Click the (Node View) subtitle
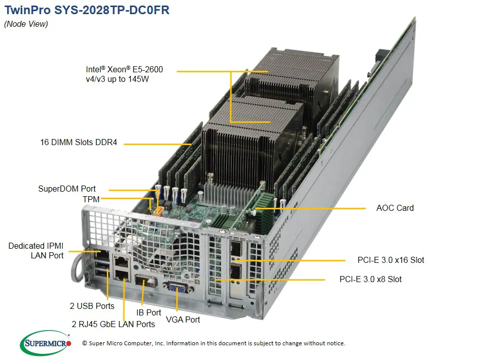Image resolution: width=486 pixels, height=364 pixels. (x=26, y=24)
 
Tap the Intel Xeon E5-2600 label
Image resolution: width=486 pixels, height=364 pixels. (x=124, y=74)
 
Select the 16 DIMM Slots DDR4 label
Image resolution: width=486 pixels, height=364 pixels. (x=78, y=143)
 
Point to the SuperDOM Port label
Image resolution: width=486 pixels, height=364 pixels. (x=67, y=189)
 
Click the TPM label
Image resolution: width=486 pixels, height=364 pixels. (x=91, y=200)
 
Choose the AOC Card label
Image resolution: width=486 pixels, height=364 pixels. (x=395, y=208)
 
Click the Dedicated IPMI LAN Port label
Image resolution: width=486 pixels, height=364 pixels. (x=36, y=251)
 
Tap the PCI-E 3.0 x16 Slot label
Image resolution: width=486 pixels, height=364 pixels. (x=391, y=260)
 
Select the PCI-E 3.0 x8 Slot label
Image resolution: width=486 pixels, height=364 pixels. (x=371, y=279)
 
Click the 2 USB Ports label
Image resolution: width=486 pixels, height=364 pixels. (x=92, y=306)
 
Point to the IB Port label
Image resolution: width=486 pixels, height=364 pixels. (x=149, y=313)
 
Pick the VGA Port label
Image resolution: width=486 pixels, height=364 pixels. (x=183, y=320)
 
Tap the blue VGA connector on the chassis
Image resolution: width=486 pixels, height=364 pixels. (x=177, y=289)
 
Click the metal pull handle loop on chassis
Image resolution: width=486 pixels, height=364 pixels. (x=77, y=267)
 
